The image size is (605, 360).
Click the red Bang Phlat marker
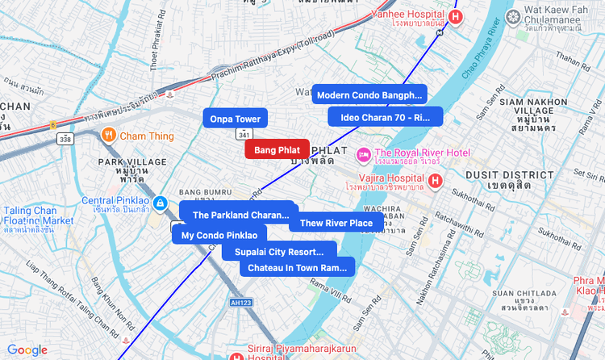(277, 150)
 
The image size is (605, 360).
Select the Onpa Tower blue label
(235, 119)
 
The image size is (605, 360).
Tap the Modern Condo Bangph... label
(369, 94)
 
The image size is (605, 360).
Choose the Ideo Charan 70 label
(386, 117)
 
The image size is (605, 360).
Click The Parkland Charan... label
(240, 215)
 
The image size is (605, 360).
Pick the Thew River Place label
(336, 223)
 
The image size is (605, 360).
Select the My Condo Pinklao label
(219, 235)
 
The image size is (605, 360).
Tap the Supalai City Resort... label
(279, 252)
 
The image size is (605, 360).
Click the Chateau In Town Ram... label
(297, 267)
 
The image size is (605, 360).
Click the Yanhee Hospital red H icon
(457, 16)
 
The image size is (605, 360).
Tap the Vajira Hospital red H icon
(436, 180)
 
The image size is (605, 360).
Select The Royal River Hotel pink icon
(363, 153)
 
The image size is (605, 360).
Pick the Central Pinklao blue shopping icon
(161, 202)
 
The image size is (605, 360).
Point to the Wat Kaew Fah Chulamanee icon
(512, 16)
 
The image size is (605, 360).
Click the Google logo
(27, 350)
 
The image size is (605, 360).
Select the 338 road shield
(65, 139)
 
